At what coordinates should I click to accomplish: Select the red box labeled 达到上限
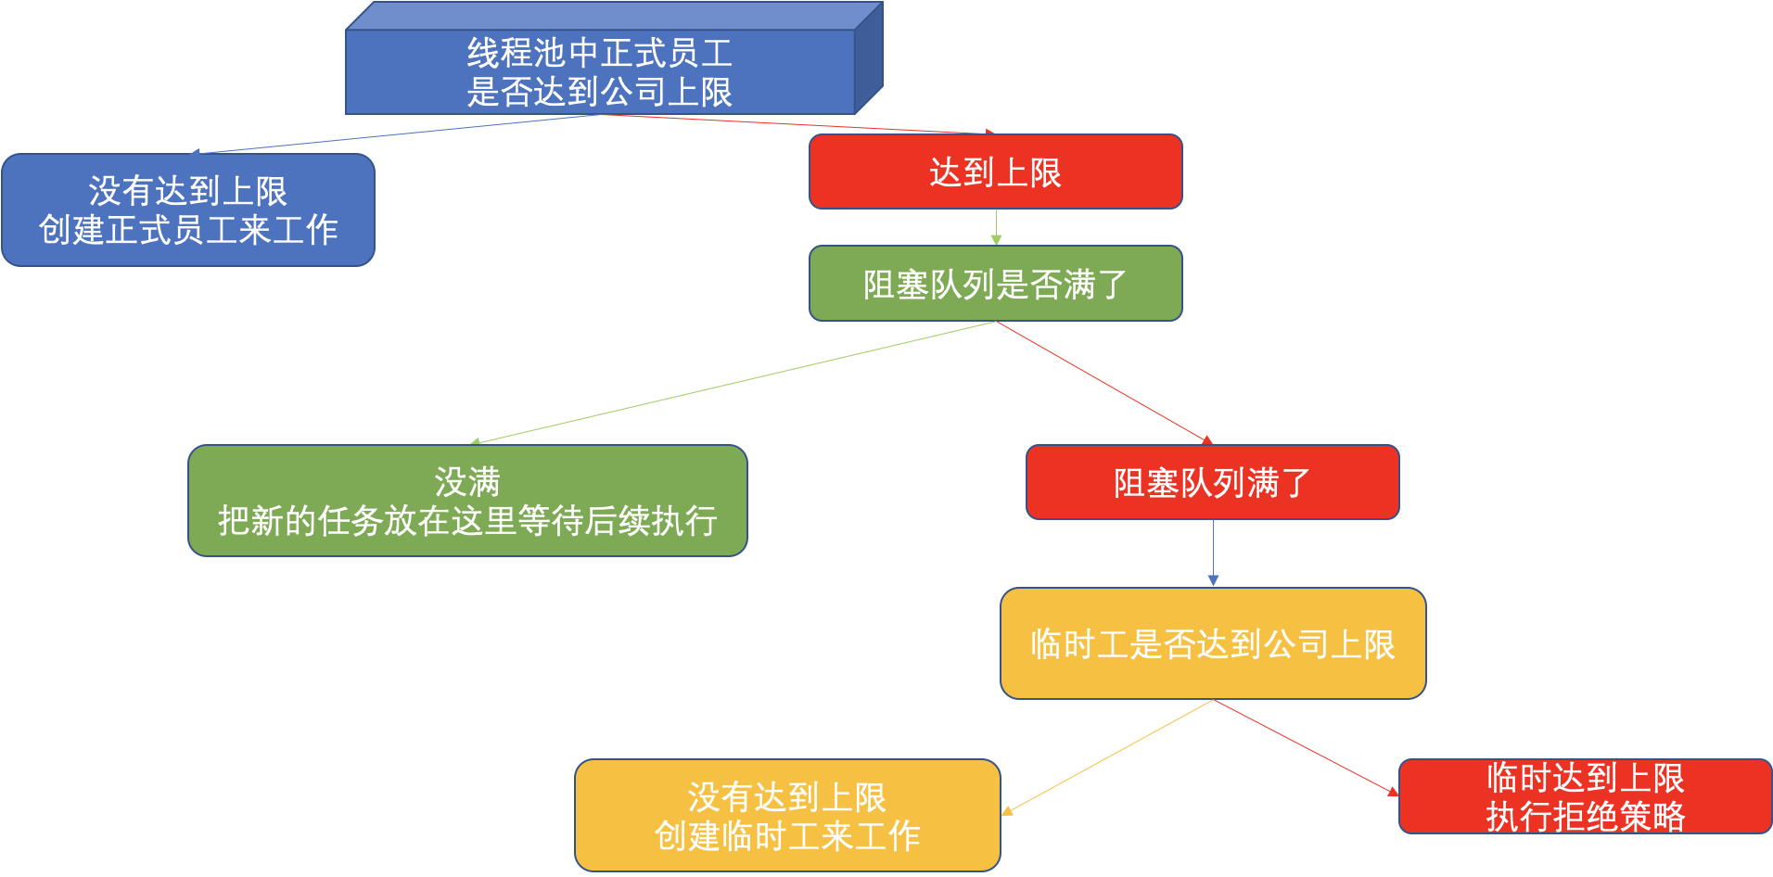pos(995,172)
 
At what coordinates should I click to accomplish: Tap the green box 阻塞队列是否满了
pos(995,284)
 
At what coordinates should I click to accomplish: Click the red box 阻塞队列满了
pos(1212,482)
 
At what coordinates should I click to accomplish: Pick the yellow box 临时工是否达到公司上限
pos(1212,643)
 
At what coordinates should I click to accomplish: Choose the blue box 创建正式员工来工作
pos(188,210)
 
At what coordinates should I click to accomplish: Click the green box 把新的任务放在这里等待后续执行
pos(467,502)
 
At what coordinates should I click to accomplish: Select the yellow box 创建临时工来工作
pos(787,816)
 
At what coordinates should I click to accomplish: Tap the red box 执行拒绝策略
pos(1585,797)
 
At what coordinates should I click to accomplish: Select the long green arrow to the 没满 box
pos(733,382)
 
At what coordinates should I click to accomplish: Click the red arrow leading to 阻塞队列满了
pos(1103,382)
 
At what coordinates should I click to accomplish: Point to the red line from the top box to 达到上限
pos(797,123)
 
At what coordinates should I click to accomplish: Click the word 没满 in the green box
pos(467,482)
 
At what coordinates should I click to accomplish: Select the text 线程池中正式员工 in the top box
pos(600,53)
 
